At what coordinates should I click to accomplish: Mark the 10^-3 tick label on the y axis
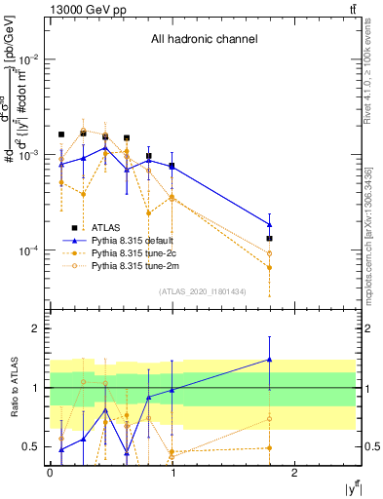(29, 155)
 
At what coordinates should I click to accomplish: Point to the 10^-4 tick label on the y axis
(29, 250)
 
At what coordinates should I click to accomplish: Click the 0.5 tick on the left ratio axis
(34, 447)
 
